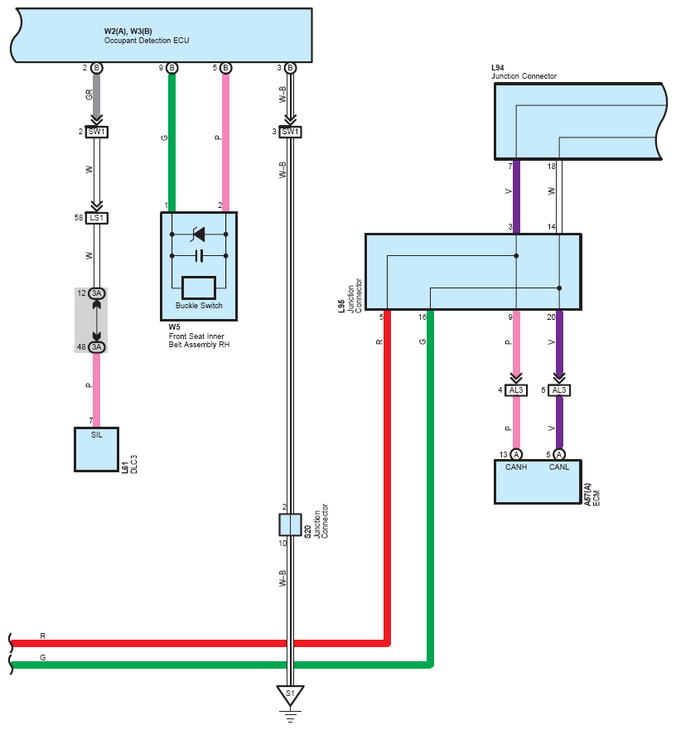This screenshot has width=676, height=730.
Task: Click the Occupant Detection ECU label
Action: [x=147, y=41]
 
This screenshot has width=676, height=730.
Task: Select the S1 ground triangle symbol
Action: [x=290, y=695]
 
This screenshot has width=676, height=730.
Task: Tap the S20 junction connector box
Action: [x=290, y=525]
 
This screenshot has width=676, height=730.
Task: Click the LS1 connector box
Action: [x=96, y=218]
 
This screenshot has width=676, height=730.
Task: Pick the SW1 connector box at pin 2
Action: [x=96, y=132]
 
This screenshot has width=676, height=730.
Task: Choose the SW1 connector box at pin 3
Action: [x=290, y=132]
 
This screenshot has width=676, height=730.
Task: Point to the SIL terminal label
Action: [x=96, y=435]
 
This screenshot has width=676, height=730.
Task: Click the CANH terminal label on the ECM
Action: [x=516, y=467]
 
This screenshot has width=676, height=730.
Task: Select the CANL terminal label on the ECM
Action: [x=559, y=467]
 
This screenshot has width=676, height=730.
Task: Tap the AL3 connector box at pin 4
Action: [x=516, y=390]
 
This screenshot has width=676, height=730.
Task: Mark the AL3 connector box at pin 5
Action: [x=559, y=390]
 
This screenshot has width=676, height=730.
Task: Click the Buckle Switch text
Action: [x=199, y=306]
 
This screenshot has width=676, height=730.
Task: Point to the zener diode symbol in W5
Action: [x=199, y=234]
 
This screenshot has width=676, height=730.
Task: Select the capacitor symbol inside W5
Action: [x=199, y=255]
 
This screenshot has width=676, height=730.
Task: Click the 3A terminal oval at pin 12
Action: [x=96, y=293]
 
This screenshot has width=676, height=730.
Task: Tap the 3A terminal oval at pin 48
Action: [x=96, y=347]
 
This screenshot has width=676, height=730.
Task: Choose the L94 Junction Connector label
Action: [x=524, y=72]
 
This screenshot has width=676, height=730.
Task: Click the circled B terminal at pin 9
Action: [x=171, y=68]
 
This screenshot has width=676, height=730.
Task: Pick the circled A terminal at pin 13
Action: [x=516, y=454]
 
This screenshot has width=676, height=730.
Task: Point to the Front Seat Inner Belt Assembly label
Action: [x=199, y=341]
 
